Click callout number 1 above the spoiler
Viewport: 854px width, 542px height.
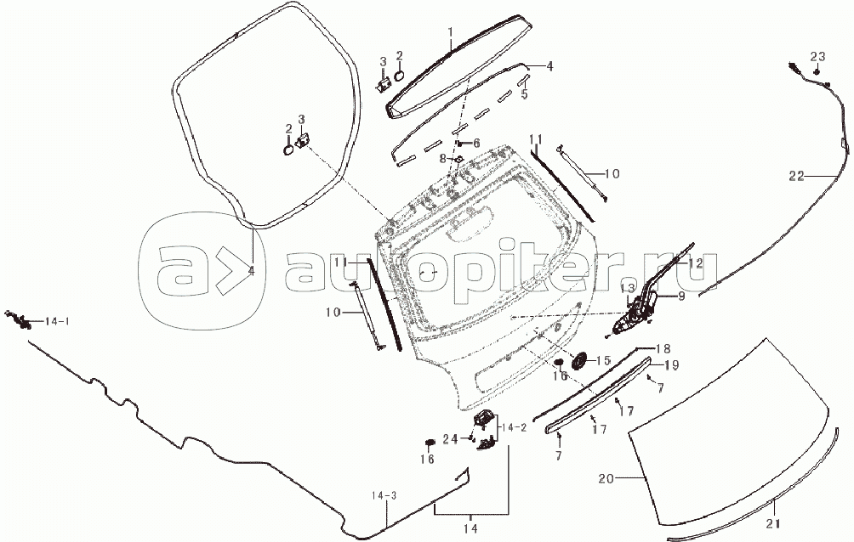(x=451, y=32)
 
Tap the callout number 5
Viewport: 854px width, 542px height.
(x=524, y=94)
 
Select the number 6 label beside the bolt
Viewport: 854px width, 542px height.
(x=476, y=144)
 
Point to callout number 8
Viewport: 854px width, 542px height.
(x=443, y=158)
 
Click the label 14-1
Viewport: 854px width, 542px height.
(x=57, y=322)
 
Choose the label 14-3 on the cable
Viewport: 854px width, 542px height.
(x=384, y=496)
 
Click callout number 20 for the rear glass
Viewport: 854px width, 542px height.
(x=606, y=479)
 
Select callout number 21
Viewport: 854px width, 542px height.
(x=773, y=524)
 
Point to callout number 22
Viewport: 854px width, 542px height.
(x=796, y=177)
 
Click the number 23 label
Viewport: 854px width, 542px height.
(x=817, y=57)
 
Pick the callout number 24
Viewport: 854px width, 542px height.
(x=450, y=438)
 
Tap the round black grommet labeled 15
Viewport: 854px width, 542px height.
(x=581, y=360)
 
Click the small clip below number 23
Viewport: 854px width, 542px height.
(x=817, y=71)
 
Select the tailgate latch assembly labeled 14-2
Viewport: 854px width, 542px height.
(x=486, y=429)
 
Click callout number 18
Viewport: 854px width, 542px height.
(x=663, y=349)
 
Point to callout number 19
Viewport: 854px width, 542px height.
(x=671, y=365)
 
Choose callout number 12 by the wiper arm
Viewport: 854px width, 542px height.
(x=696, y=263)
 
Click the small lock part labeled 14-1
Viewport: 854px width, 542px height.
(x=17, y=319)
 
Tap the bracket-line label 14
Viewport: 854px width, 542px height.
(x=471, y=528)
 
